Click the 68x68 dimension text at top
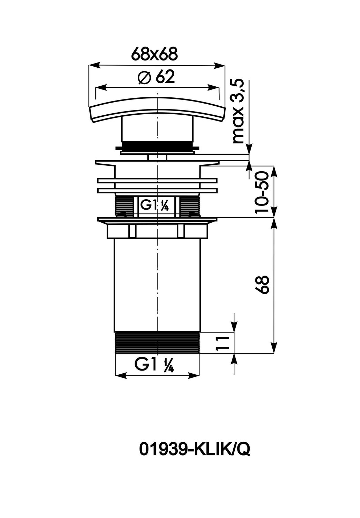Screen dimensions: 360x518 (x=154, y=54)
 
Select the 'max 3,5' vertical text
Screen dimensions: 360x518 (x=238, y=111)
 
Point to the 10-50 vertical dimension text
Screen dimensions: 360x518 (x=262, y=192)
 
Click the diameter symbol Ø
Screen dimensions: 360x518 (x=144, y=77)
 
